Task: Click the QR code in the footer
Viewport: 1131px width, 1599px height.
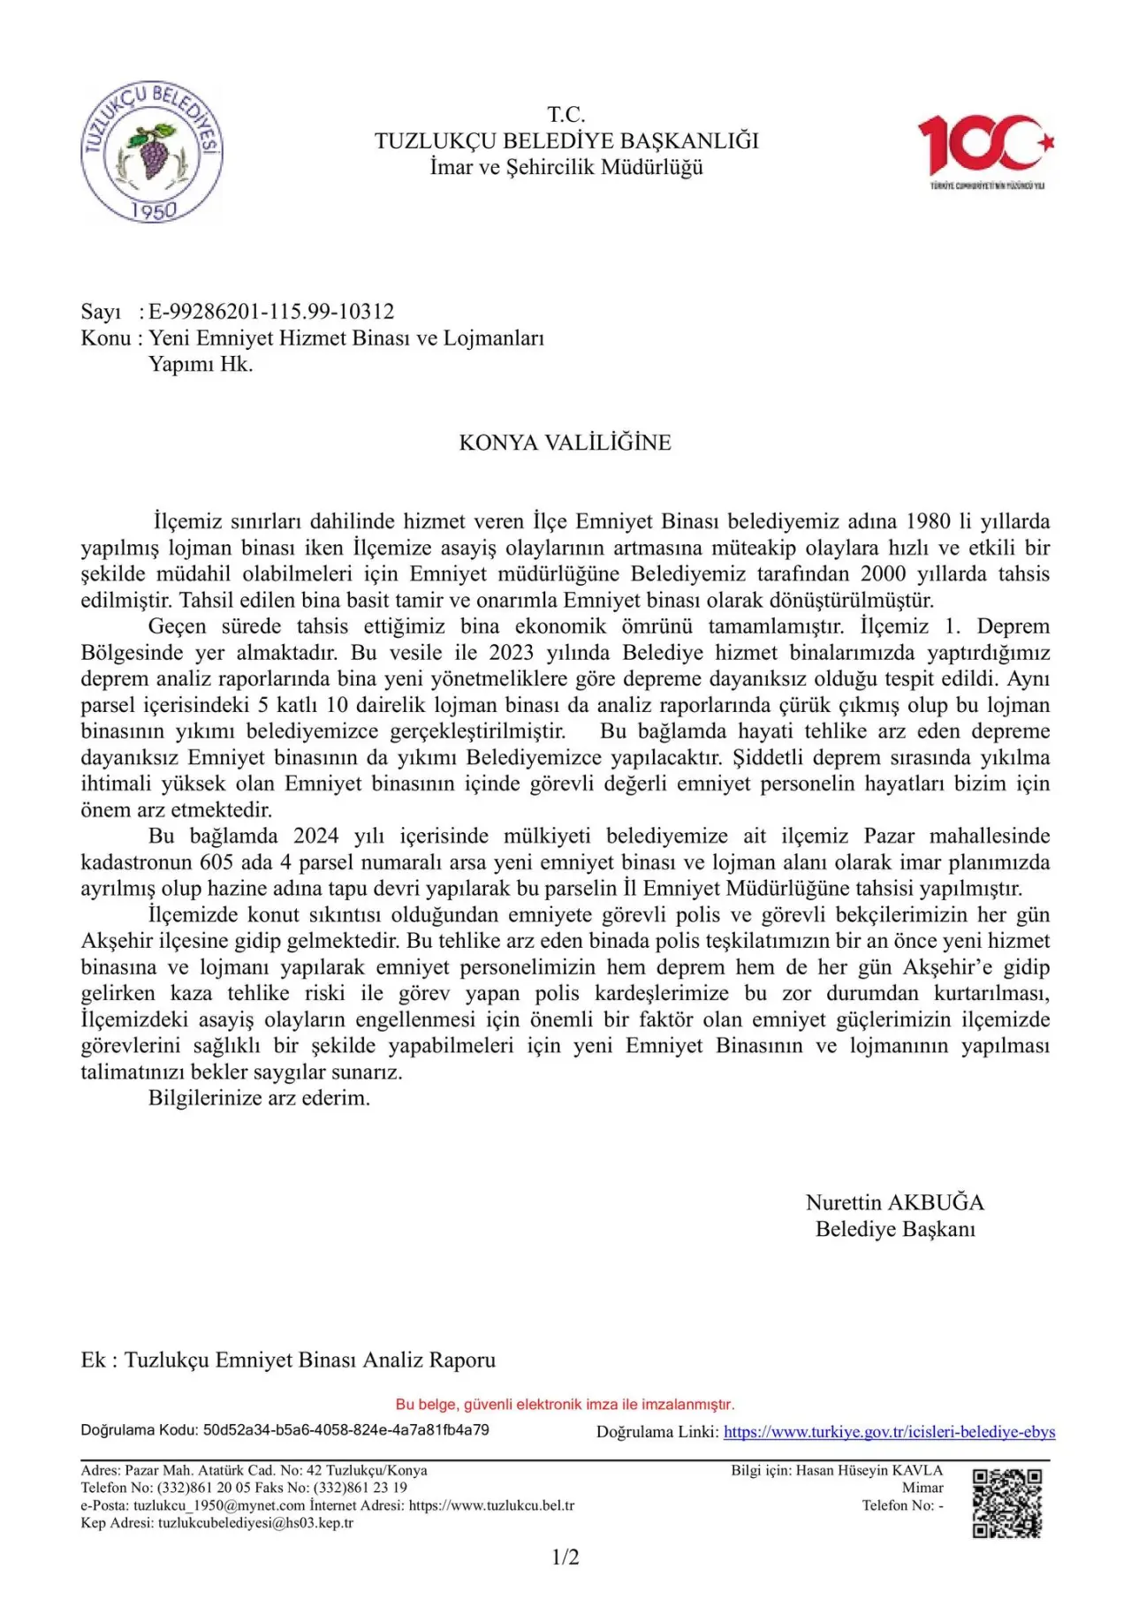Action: pyautogui.click(x=1006, y=1503)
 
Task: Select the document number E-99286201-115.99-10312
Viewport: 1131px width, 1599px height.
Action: pyautogui.click(x=271, y=311)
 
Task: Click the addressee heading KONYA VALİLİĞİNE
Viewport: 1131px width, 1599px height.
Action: pyautogui.click(x=565, y=443)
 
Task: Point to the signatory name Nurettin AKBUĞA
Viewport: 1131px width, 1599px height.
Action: pyautogui.click(x=894, y=1202)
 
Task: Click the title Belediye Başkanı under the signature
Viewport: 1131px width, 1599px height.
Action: pyautogui.click(x=894, y=1229)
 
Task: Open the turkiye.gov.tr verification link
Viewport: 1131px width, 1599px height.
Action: pyautogui.click(x=889, y=1432)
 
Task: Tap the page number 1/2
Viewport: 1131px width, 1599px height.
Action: pyautogui.click(x=565, y=1557)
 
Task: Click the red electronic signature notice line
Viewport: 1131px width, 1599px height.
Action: pyautogui.click(x=565, y=1404)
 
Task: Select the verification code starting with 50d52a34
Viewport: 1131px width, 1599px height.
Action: pyautogui.click(x=345, y=1429)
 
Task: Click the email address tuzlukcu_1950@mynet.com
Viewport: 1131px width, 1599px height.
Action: pyautogui.click(x=219, y=1505)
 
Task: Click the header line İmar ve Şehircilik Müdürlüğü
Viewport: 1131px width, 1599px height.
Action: pyautogui.click(x=566, y=167)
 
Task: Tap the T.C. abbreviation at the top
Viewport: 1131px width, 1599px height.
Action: pyautogui.click(x=566, y=114)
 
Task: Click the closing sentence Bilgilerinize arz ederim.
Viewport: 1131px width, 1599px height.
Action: pyautogui.click(x=259, y=1098)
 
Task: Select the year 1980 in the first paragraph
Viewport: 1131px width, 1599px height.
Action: pyautogui.click(x=928, y=521)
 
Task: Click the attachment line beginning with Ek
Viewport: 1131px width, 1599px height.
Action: pyautogui.click(x=288, y=1360)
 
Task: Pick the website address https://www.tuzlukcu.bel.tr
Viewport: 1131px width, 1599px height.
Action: pyautogui.click(x=491, y=1505)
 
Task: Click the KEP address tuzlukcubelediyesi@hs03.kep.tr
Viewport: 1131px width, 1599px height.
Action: pyautogui.click(x=255, y=1523)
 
